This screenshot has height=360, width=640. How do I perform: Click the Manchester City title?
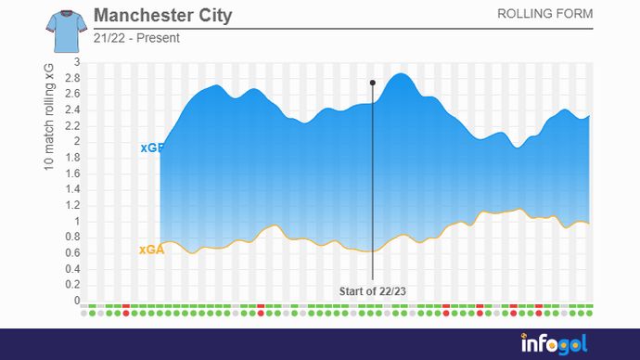(163, 17)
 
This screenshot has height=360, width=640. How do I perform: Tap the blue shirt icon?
(63, 30)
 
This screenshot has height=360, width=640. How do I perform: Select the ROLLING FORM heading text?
(544, 14)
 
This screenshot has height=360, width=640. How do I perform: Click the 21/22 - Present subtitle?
(136, 38)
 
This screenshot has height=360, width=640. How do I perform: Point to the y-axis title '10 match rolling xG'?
(48, 117)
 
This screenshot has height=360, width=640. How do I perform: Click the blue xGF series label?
(151, 148)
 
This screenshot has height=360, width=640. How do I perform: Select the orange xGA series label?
(151, 250)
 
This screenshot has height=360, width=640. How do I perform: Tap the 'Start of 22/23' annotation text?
(373, 291)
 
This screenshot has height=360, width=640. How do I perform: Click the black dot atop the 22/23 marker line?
(373, 83)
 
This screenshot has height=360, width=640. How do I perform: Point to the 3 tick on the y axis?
(78, 62)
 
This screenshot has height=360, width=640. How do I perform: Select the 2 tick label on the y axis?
(78, 142)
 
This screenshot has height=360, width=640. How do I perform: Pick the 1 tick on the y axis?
(78, 222)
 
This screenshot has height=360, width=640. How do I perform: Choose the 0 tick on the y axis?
(78, 301)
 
